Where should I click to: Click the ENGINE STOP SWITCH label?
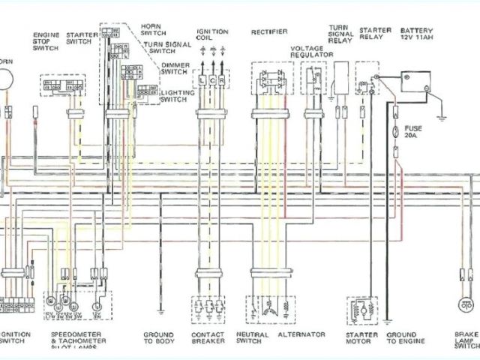(x=44, y=40)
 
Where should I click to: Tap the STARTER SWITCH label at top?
(x=78, y=38)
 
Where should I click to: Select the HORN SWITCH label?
(x=154, y=28)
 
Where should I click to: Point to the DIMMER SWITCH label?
(x=175, y=70)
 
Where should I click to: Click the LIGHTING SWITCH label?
(x=177, y=95)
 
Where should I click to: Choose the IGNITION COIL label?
(x=208, y=35)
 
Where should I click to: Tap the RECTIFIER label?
(x=268, y=32)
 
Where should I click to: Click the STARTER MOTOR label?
(x=361, y=338)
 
